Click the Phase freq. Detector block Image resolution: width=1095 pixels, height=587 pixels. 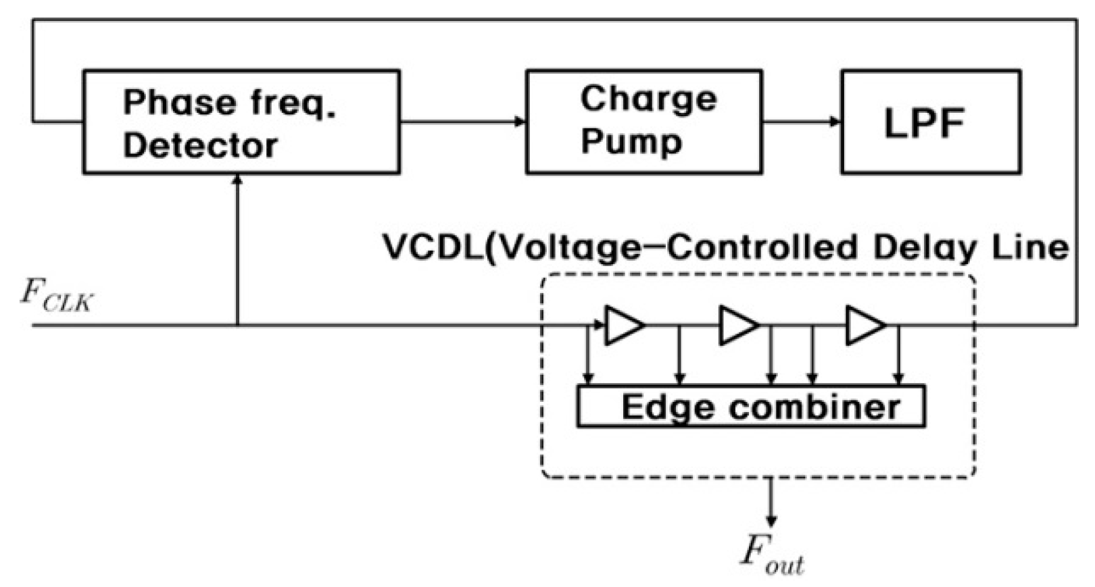coord(241,122)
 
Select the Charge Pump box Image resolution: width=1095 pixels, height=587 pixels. coord(643,122)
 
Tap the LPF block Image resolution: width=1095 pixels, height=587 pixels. coord(930,122)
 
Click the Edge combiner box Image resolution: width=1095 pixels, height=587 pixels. coord(750,407)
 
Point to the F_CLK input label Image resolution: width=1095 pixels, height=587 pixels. coord(57,296)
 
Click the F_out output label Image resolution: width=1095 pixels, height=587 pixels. coord(771,554)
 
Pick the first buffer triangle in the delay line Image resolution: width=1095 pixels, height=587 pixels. coord(623,326)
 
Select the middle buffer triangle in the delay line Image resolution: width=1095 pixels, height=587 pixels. coord(737,326)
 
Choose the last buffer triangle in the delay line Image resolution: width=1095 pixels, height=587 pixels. coord(865,326)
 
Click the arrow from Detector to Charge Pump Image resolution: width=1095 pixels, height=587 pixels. coord(463,122)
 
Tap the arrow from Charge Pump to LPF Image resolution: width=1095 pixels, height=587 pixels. coord(802,122)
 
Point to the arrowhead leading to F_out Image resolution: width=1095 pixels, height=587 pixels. coord(771,520)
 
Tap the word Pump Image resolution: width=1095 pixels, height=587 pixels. coord(631,143)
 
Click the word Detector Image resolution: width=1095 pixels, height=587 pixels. coord(200,146)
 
